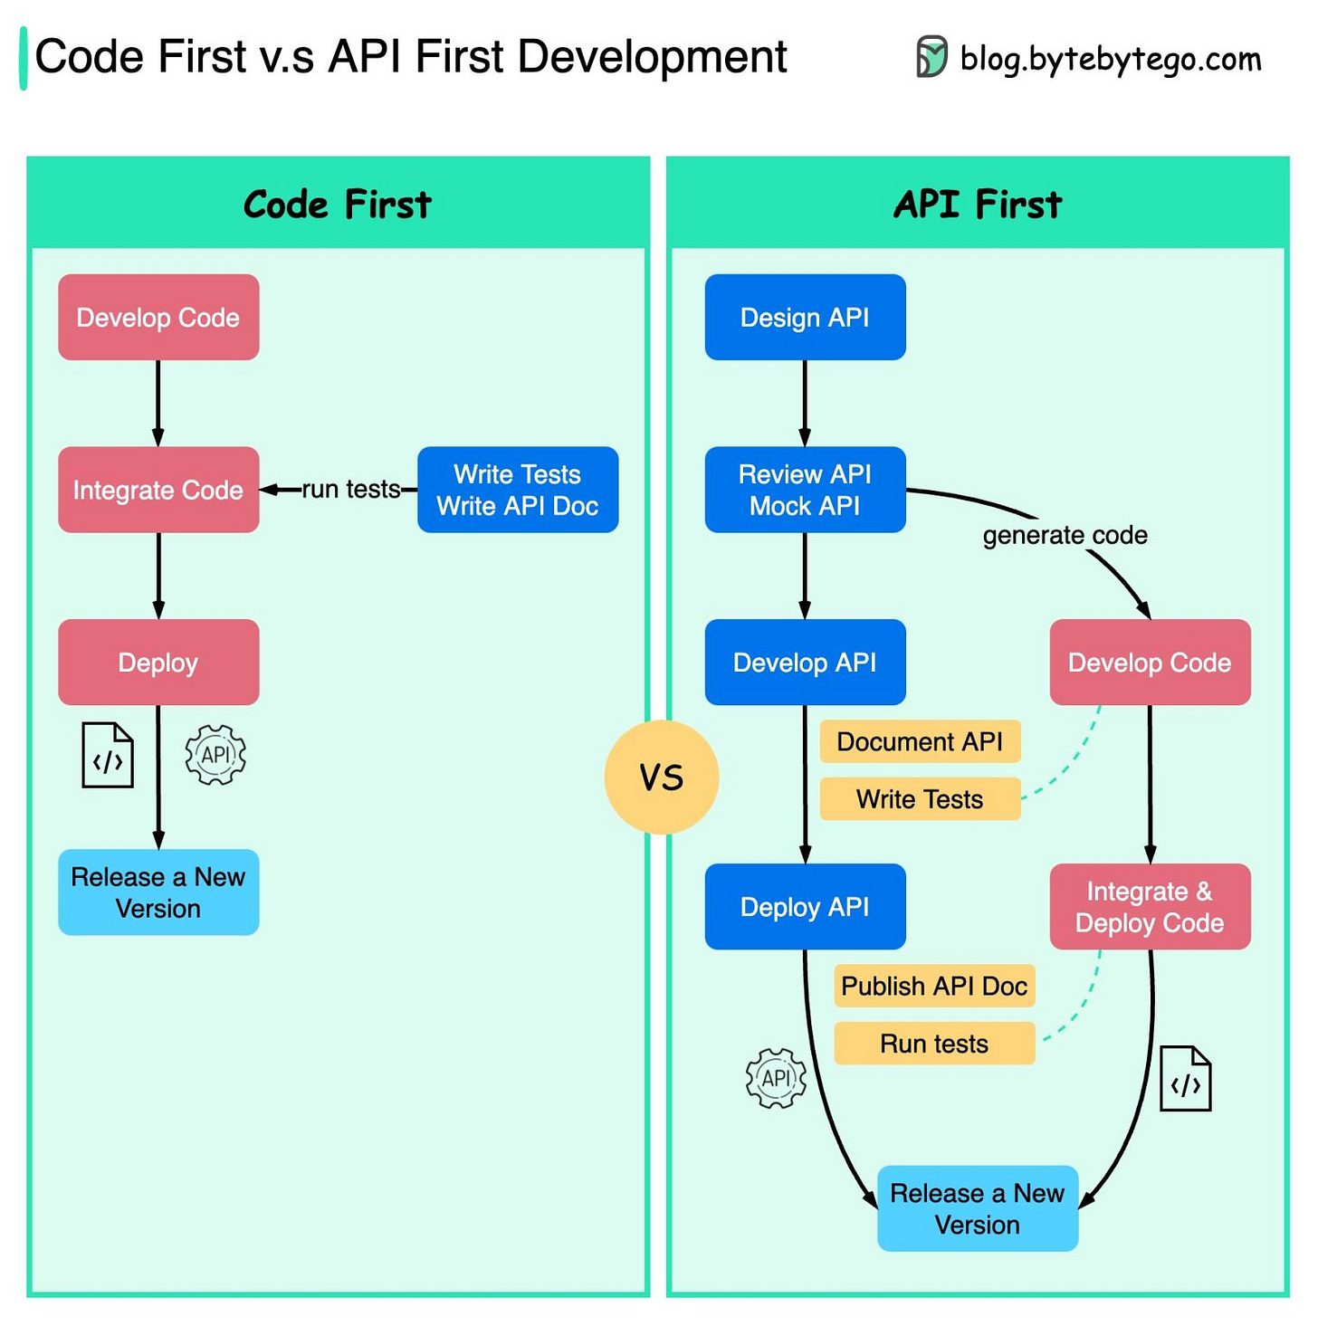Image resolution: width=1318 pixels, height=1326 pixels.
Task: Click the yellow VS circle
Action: coord(662,777)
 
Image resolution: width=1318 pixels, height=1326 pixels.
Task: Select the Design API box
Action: coord(805,318)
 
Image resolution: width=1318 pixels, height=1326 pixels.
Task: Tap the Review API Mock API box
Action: coord(805,490)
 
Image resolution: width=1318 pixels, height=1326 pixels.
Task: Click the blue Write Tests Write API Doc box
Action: coord(518,490)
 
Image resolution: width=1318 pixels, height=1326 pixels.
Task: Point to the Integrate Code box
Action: coord(158,490)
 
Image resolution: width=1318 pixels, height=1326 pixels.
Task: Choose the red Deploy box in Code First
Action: coord(158,663)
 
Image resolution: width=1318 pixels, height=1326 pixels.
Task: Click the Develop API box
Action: coord(805,663)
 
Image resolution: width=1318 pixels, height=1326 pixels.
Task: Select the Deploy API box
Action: coord(805,907)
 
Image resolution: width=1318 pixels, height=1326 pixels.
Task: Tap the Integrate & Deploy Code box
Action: coord(1150,907)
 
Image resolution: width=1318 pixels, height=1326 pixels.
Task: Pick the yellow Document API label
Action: coord(920,742)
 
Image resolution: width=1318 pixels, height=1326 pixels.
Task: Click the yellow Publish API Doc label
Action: coord(934,986)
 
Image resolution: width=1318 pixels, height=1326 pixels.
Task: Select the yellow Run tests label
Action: coord(934,1044)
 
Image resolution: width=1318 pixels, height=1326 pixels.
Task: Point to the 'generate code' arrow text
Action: coord(1065,536)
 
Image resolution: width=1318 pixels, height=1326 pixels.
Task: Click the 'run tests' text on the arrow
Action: coord(350,490)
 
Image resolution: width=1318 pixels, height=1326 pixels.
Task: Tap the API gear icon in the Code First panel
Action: coord(215,755)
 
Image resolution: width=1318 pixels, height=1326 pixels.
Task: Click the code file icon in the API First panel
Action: coord(1185,1079)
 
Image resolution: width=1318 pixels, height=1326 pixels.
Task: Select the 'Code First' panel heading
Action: coord(338,205)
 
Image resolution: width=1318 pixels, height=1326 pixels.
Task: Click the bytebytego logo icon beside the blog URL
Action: coord(931,57)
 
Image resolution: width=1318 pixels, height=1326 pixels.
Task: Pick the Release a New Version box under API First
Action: coord(978,1209)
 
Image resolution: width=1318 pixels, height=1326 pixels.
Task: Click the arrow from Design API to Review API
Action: coord(805,403)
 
